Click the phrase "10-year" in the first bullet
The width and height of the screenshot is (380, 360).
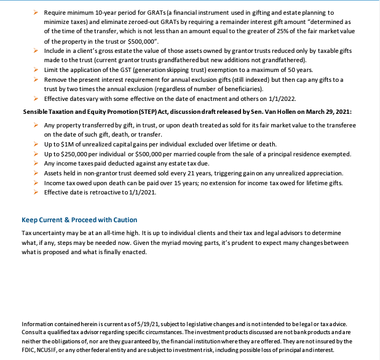click(x=101, y=12)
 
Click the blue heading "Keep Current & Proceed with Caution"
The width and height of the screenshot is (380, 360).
click(x=79, y=220)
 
